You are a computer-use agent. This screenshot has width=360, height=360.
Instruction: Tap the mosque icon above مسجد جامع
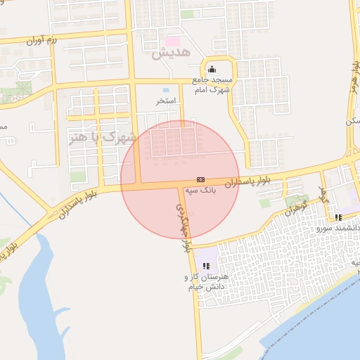point(212,69)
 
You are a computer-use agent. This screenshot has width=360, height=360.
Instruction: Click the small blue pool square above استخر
point(165,90)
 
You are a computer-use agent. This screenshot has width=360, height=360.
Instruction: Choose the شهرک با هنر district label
point(103,139)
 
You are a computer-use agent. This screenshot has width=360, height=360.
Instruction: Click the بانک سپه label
point(200,190)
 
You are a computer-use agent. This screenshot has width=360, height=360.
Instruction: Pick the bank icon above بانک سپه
point(200,179)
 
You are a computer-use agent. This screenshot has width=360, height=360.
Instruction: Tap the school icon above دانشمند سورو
point(338,217)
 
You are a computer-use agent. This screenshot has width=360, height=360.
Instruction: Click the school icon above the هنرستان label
point(206,266)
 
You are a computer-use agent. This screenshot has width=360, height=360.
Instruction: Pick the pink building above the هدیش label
point(172,41)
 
